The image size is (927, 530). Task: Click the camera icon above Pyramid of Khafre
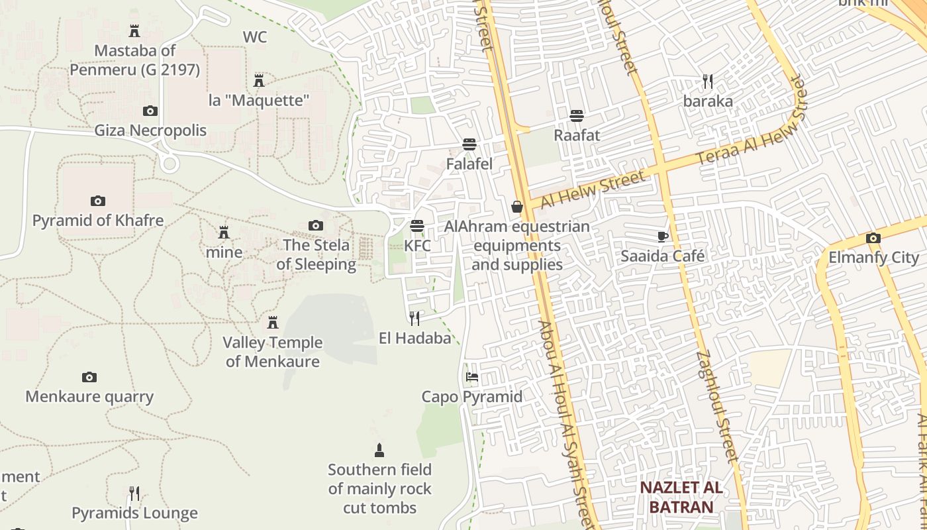pyautogui.click(x=97, y=201)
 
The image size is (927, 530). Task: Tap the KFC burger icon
pyautogui.click(x=416, y=226)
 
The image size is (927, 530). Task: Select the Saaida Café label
pyautogui.click(x=662, y=256)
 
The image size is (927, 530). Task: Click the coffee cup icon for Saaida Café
pyautogui.click(x=662, y=237)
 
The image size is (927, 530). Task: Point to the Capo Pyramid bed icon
pyautogui.click(x=471, y=378)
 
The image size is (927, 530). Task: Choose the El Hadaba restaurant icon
pyautogui.click(x=415, y=319)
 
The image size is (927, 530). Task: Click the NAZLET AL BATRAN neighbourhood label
pyautogui.click(x=681, y=498)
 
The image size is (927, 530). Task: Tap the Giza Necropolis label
pyautogui.click(x=150, y=130)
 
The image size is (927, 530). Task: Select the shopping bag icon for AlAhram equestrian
pyautogui.click(x=516, y=207)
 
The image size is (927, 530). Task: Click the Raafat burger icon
pyautogui.click(x=577, y=116)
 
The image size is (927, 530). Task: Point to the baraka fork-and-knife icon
pyautogui.click(x=708, y=81)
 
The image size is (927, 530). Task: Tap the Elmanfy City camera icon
pyautogui.click(x=873, y=238)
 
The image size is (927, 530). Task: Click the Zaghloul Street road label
pyautogui.click(x=716, y=405)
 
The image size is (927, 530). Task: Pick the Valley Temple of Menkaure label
pyautogui.click(x=272, y=352)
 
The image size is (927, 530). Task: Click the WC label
pyautogui.click(x=255, y=37)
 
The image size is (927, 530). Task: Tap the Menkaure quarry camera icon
pyautogui.click(x=89, y=378)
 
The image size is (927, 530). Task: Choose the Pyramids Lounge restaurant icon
pyautogui.click(x=134, y=494)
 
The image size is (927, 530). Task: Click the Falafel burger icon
pyautogui.click(x=469, y=144)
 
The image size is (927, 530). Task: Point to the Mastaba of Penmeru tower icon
pyautogui.click(x=134, y=31)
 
